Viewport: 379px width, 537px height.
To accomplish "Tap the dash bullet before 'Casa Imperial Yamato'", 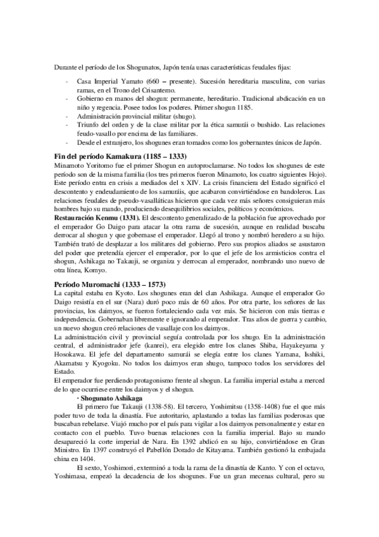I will [68, 82].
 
